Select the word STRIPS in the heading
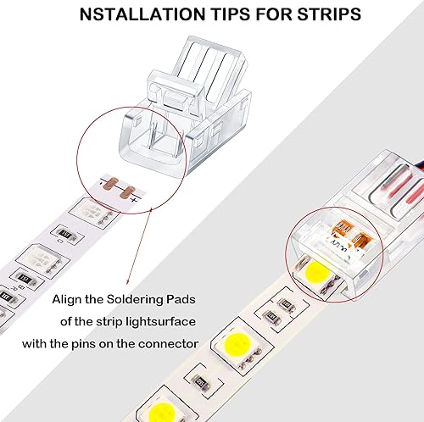[x=326, y=14]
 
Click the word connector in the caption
[x=173, y=342]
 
